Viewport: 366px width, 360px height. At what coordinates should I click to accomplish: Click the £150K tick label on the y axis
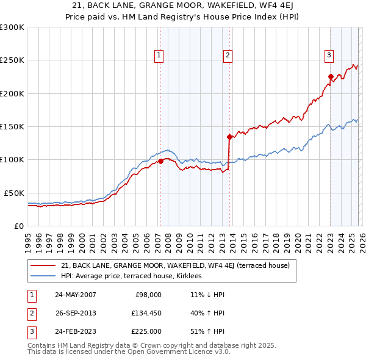[12, 127]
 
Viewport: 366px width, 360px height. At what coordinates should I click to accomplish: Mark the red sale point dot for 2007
[160, 161]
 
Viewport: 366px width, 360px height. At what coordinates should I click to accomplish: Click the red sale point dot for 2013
[229, 137]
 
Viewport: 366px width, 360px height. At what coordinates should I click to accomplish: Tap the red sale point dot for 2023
[331, 77]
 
